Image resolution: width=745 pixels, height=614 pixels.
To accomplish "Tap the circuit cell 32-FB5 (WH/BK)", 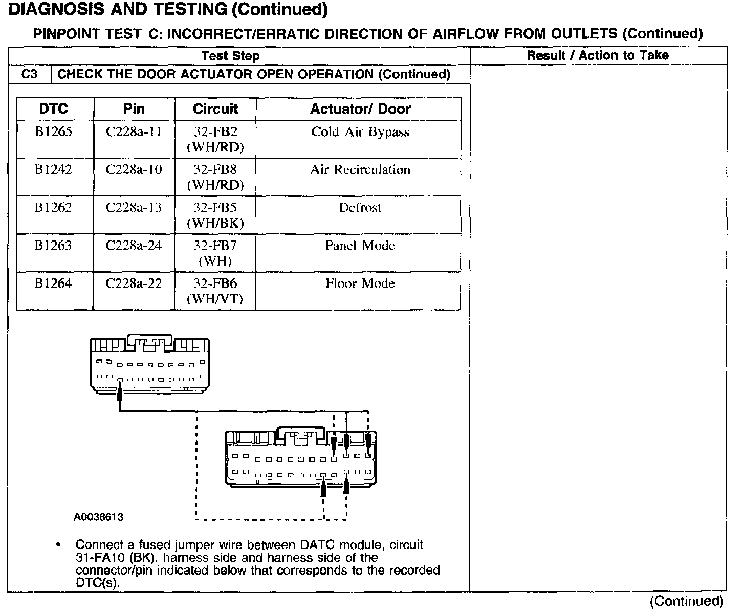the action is click(215, 215).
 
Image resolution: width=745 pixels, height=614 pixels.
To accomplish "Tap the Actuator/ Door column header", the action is click(360, 109).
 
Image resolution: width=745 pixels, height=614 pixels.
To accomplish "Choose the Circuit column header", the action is click(215, 109).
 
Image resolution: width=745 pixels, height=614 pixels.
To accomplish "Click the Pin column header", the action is click(134, 109).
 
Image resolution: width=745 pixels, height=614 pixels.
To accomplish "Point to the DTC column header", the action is click(54, 109).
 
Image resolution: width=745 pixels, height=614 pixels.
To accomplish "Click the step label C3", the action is click(30, 74).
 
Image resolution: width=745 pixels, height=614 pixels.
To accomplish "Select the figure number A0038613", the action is click(99, 517).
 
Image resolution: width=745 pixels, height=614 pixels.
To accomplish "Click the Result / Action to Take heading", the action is click(598, 55).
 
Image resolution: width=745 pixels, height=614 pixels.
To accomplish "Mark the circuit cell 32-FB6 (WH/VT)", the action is click(215, 291).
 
